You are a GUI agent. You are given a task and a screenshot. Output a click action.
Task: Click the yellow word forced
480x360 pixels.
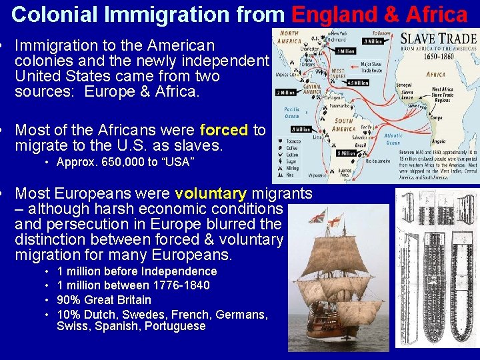coord(223,129)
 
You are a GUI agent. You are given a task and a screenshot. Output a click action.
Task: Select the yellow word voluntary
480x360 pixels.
coord(210,194)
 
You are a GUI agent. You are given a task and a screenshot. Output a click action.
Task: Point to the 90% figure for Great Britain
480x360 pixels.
coord(69,300)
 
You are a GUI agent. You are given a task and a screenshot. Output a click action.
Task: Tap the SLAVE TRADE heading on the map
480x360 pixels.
coord(438,39)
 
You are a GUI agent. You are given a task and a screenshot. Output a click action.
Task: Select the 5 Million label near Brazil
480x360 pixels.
coord(346,153)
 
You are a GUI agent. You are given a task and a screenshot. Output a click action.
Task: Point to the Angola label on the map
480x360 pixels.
coord(439,141)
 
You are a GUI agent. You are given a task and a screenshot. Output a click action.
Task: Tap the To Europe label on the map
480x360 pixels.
coord(381,32)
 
